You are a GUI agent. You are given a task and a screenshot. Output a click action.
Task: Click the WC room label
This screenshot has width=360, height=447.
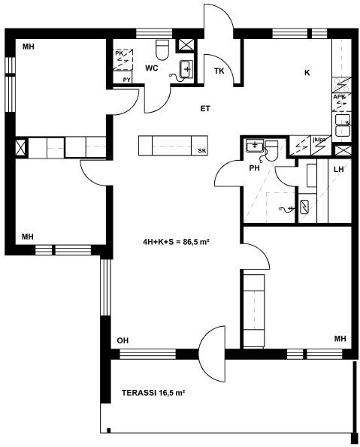(x=151, y=68)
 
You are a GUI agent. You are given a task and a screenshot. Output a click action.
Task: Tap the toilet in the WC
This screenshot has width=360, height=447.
(x=162, y=50)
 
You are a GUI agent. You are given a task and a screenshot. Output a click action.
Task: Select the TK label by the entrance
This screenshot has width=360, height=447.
(x=219, y=71)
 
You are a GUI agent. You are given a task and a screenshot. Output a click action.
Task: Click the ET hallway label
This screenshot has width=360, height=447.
(x=205, y=109)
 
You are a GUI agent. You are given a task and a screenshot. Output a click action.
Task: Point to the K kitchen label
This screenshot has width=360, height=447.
(x=307, y=73)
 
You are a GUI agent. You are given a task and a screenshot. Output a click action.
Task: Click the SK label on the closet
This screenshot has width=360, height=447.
(x=202, y=151)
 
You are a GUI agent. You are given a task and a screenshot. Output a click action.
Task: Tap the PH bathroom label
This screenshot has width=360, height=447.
(x=255, y=168)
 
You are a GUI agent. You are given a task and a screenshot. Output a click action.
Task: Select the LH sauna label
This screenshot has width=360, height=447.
(x=339, y=169)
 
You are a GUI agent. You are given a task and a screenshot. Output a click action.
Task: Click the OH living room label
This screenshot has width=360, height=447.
(x=123, y=340)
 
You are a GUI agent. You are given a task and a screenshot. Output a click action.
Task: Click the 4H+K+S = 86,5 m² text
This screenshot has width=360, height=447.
(x=177, y=242)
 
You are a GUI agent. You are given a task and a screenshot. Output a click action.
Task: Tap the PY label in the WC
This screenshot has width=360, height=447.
(x=127, y=80)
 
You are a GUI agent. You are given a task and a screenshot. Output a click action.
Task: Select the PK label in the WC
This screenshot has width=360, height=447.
(x=119, y=53)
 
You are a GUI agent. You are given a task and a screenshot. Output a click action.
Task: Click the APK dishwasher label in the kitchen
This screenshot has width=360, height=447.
(x=339, y=97)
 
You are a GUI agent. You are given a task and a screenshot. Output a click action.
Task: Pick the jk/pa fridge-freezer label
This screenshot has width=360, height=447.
(x=319, y=140)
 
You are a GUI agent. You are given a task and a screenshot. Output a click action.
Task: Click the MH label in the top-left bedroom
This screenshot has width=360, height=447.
(x=29, y=47)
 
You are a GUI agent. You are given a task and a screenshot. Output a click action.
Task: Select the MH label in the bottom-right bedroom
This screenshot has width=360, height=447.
(x=340, y=339)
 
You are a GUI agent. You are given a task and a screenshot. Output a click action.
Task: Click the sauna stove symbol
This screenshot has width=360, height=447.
(x=305, y=207)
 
